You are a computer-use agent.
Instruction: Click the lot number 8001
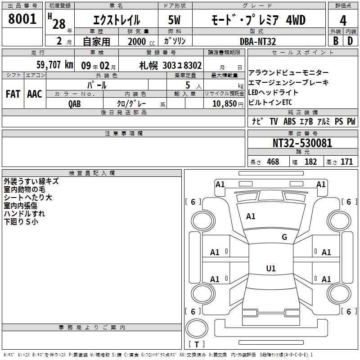22,19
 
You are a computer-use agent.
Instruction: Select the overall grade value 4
343,21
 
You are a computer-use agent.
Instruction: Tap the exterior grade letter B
336,41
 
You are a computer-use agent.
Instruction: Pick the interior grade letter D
350,41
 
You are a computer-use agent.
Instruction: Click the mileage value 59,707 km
55,65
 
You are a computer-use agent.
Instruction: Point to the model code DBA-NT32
258,41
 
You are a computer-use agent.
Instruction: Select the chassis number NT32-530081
302,143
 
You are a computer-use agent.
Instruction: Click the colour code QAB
75,104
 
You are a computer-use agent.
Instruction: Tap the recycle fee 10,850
225,103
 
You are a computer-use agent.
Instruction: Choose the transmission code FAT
13,94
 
